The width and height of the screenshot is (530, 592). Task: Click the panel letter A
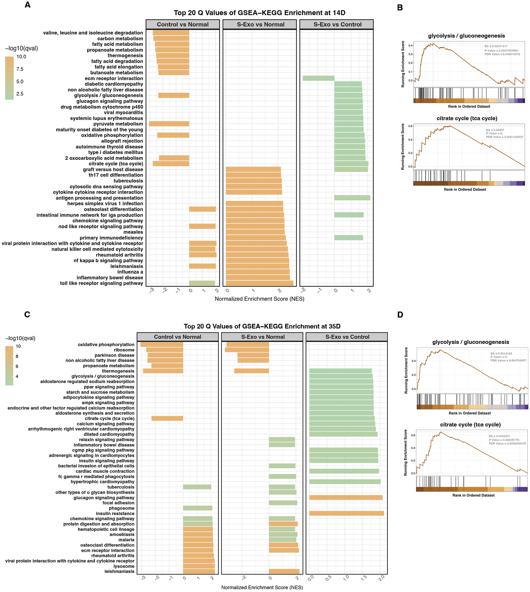[x=28, y=5]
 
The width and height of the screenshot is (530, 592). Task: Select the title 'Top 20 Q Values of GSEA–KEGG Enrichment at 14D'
[x=259, y=13]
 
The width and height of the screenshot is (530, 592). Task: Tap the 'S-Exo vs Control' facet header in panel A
[x=337, y=25]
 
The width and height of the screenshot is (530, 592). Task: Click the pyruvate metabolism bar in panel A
[x=169, y=124]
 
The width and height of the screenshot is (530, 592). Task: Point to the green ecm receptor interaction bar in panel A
[x=318, y=78]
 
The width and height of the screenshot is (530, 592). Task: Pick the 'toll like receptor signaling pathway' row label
[x=101, y=283]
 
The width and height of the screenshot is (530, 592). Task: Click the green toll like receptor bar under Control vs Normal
[x=202, y=283]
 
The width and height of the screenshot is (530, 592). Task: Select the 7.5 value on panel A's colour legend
[x=20, y=69]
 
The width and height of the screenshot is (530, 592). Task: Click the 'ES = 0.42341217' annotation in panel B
[x=496, y=46]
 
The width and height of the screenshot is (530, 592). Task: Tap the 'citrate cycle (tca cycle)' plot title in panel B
[x=467, y=118]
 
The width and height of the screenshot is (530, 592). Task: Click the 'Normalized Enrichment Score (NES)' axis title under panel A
[x=259, y=299]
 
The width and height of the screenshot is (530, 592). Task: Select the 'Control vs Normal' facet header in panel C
[x=177, y=337]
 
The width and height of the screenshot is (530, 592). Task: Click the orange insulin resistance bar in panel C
[x=346, y=513]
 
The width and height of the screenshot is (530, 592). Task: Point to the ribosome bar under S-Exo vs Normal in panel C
[x=247, y=350]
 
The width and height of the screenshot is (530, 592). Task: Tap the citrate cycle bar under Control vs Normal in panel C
[x=167, y=418]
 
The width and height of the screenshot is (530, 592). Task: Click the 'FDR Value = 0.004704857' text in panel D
[x=508, y=360]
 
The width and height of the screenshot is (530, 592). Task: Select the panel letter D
[x=400, y=315]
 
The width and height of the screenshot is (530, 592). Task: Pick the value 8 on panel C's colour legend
[x=17, y=356]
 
